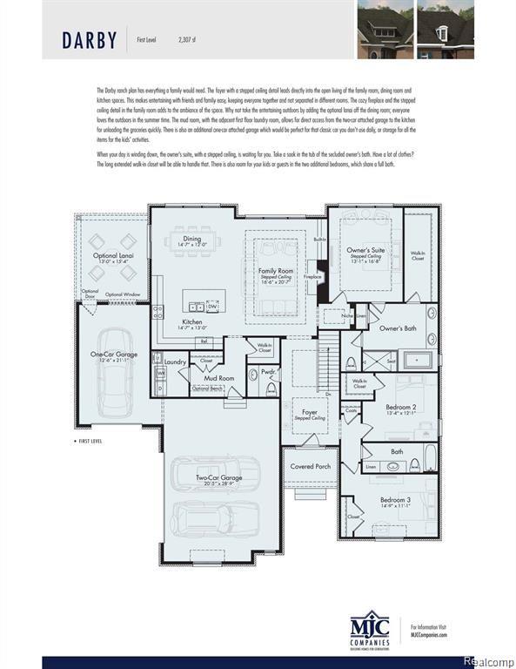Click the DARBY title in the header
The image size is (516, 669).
pos(90,40)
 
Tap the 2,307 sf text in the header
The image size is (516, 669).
pos(187,39)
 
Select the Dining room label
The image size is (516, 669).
pos(191,240)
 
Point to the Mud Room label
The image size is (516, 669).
pos(219,379)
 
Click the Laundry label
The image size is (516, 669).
pos(176,362)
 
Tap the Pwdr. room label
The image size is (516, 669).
pos(269,372)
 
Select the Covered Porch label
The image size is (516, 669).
pos(311,466)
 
